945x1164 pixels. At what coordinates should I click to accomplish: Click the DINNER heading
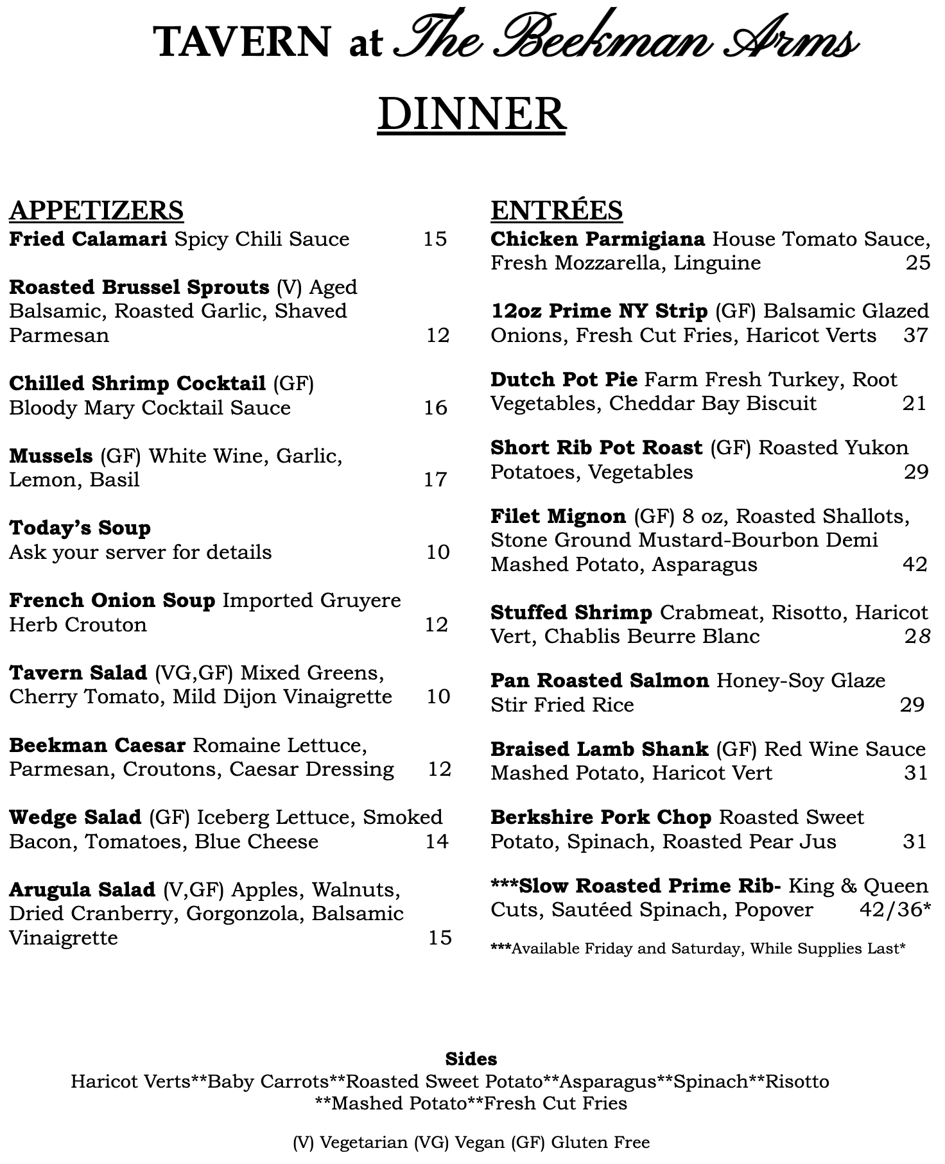[x=472, y=114]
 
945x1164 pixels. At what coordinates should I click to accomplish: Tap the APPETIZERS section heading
[x=96, y=210]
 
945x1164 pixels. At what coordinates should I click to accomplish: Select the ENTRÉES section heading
[x=557, y=210]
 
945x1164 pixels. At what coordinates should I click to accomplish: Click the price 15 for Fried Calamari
[x=435, y=239]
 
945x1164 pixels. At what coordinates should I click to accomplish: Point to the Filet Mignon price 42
[x=915, y=565]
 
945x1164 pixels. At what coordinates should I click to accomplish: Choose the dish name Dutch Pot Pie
[x=564, y=380]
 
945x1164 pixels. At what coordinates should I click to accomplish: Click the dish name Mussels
[x=51, y=456]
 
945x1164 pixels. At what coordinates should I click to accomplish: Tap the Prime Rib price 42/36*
[x=895, y=910]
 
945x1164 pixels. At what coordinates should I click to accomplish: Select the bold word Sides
[x=471, y=1059]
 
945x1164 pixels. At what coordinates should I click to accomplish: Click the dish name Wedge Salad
[x=75, y=817]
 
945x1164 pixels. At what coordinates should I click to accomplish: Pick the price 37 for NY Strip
[x=915, y=336]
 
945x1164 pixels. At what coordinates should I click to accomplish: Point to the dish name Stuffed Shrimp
[x=571, y=613]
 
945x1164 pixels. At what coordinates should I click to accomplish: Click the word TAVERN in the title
[x=242, y=42]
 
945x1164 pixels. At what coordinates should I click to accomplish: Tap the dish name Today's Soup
[x=80, y=528]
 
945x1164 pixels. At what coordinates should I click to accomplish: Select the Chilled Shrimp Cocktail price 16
[x=435, y=408]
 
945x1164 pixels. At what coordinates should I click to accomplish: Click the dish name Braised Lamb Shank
[x=600, y=749]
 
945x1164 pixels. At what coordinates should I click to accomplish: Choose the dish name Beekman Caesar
[x=97, y=746]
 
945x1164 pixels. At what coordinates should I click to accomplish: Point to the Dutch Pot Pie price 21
[x=914, y=404]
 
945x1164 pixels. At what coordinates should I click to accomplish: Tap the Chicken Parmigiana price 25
[x=917, y=263]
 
